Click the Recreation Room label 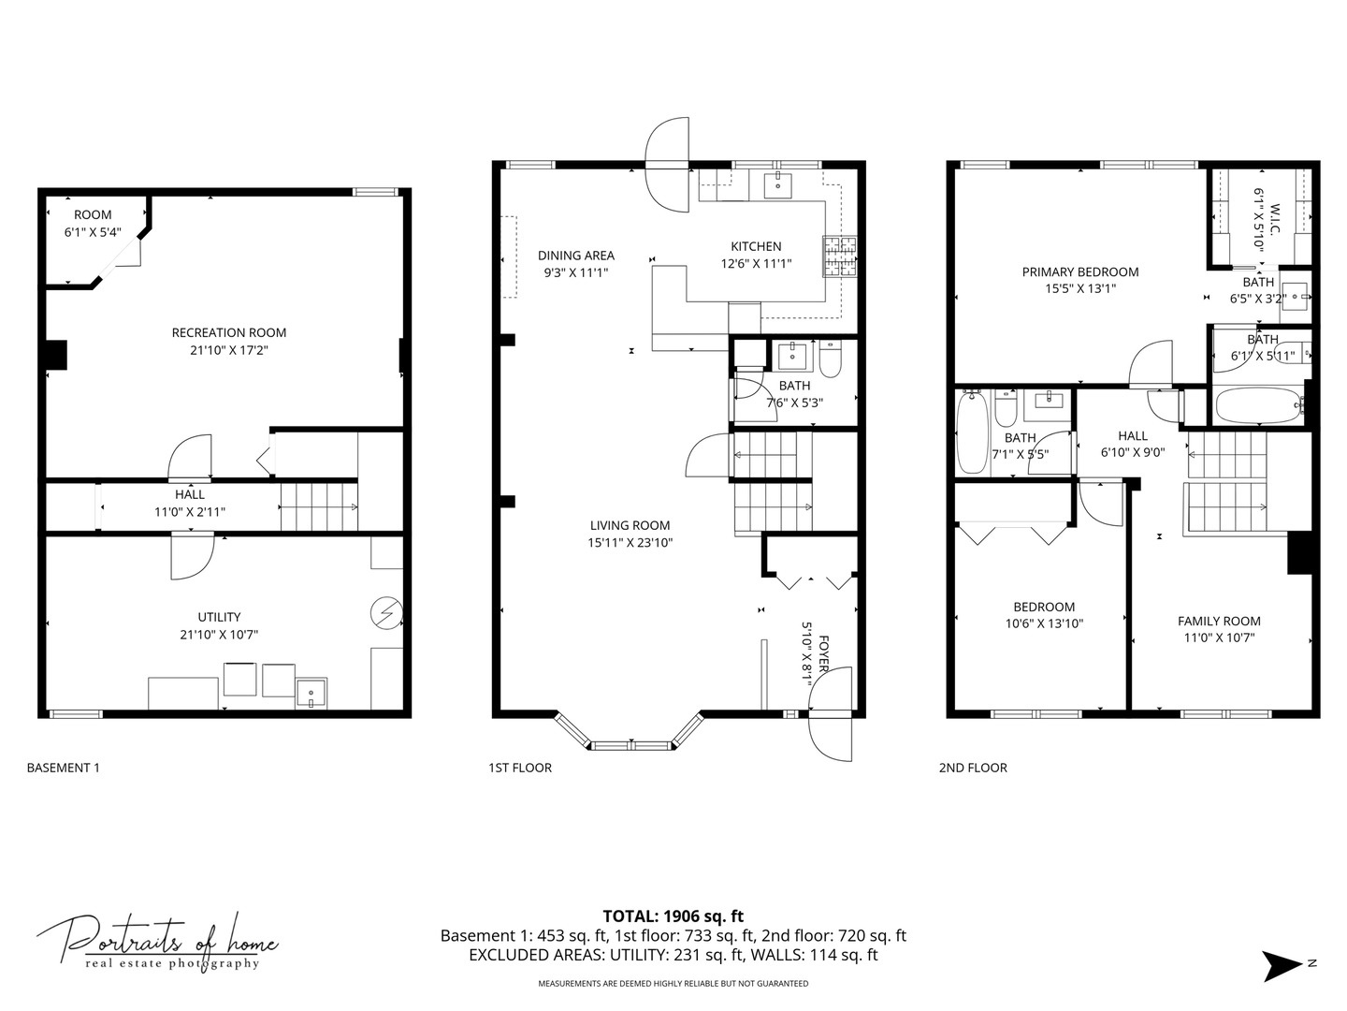[x=228, y=332]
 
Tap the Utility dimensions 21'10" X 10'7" [x=219, y=635]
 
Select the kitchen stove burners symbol [x=839, y=256]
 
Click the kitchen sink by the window [x=777, y=184]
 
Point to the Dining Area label [x=575, y=256]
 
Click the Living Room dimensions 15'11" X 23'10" [x=630, y=542]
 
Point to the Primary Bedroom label [x=1079, y=272]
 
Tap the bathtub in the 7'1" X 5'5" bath [x=971, y=431]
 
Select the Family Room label [x=1218, y=621]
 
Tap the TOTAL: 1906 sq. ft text [x=673, y=916]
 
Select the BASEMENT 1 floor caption [x=63, y=768]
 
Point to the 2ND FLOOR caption [x=973, y=768]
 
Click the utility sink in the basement [x=311, y=693]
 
